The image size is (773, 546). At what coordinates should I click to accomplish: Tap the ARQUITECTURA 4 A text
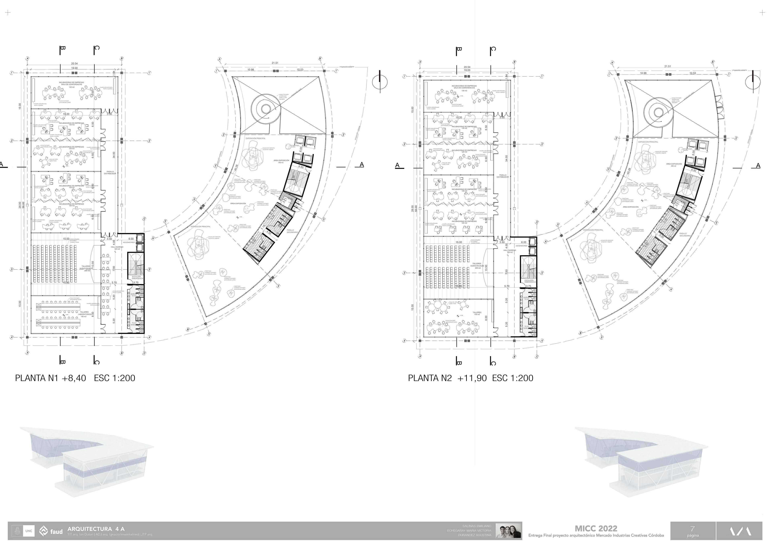pyautogui.click(x=96, y=529)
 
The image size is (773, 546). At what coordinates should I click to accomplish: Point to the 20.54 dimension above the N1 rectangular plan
pyautogui.click(x=74, y=64)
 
